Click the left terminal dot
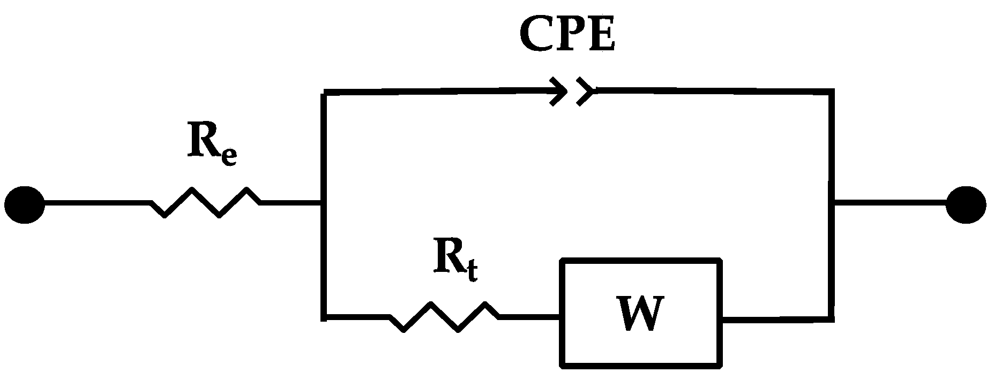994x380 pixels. click(25, 204)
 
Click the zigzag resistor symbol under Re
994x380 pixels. click(206, 203)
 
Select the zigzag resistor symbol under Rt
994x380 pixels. click(445, 317)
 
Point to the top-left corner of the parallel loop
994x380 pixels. click(324, 94)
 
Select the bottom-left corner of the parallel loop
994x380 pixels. click(324, 318)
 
